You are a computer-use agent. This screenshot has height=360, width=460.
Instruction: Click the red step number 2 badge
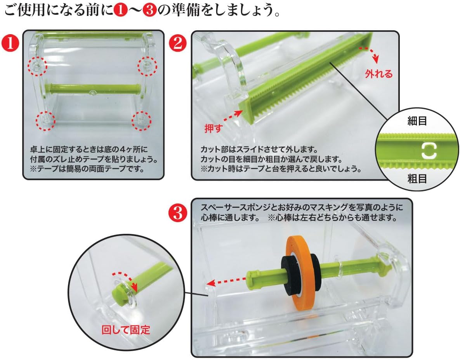pos(178,43)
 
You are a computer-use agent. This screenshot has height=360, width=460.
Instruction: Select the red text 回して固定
pos(125,330)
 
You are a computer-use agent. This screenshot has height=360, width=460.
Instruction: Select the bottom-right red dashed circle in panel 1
pos(141,121)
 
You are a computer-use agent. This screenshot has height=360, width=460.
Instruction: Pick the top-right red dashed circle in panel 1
pos(147,66)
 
